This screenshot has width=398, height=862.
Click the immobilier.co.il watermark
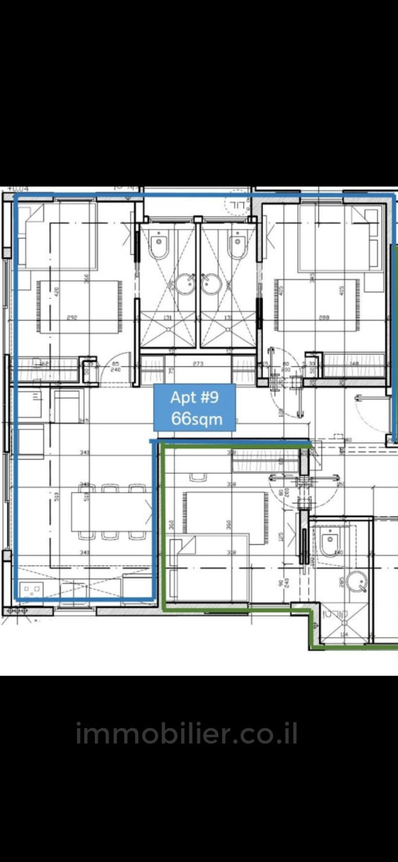point(186,734)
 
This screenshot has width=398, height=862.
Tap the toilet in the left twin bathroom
point(159,245)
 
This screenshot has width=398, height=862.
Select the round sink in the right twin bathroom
point(211,285)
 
